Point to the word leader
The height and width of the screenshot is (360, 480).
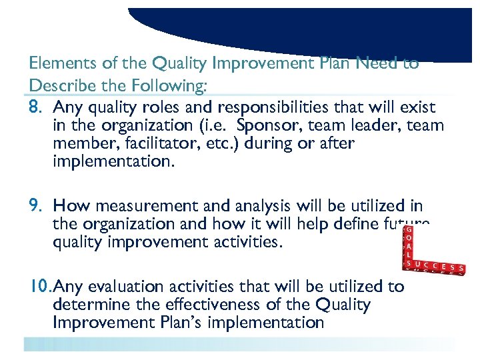[x=377, y=125]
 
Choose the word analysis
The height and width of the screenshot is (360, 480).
[x=253, y=207]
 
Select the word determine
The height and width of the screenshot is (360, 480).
[x=87, y=305]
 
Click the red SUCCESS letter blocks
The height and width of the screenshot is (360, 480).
[x=433, y=267]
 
